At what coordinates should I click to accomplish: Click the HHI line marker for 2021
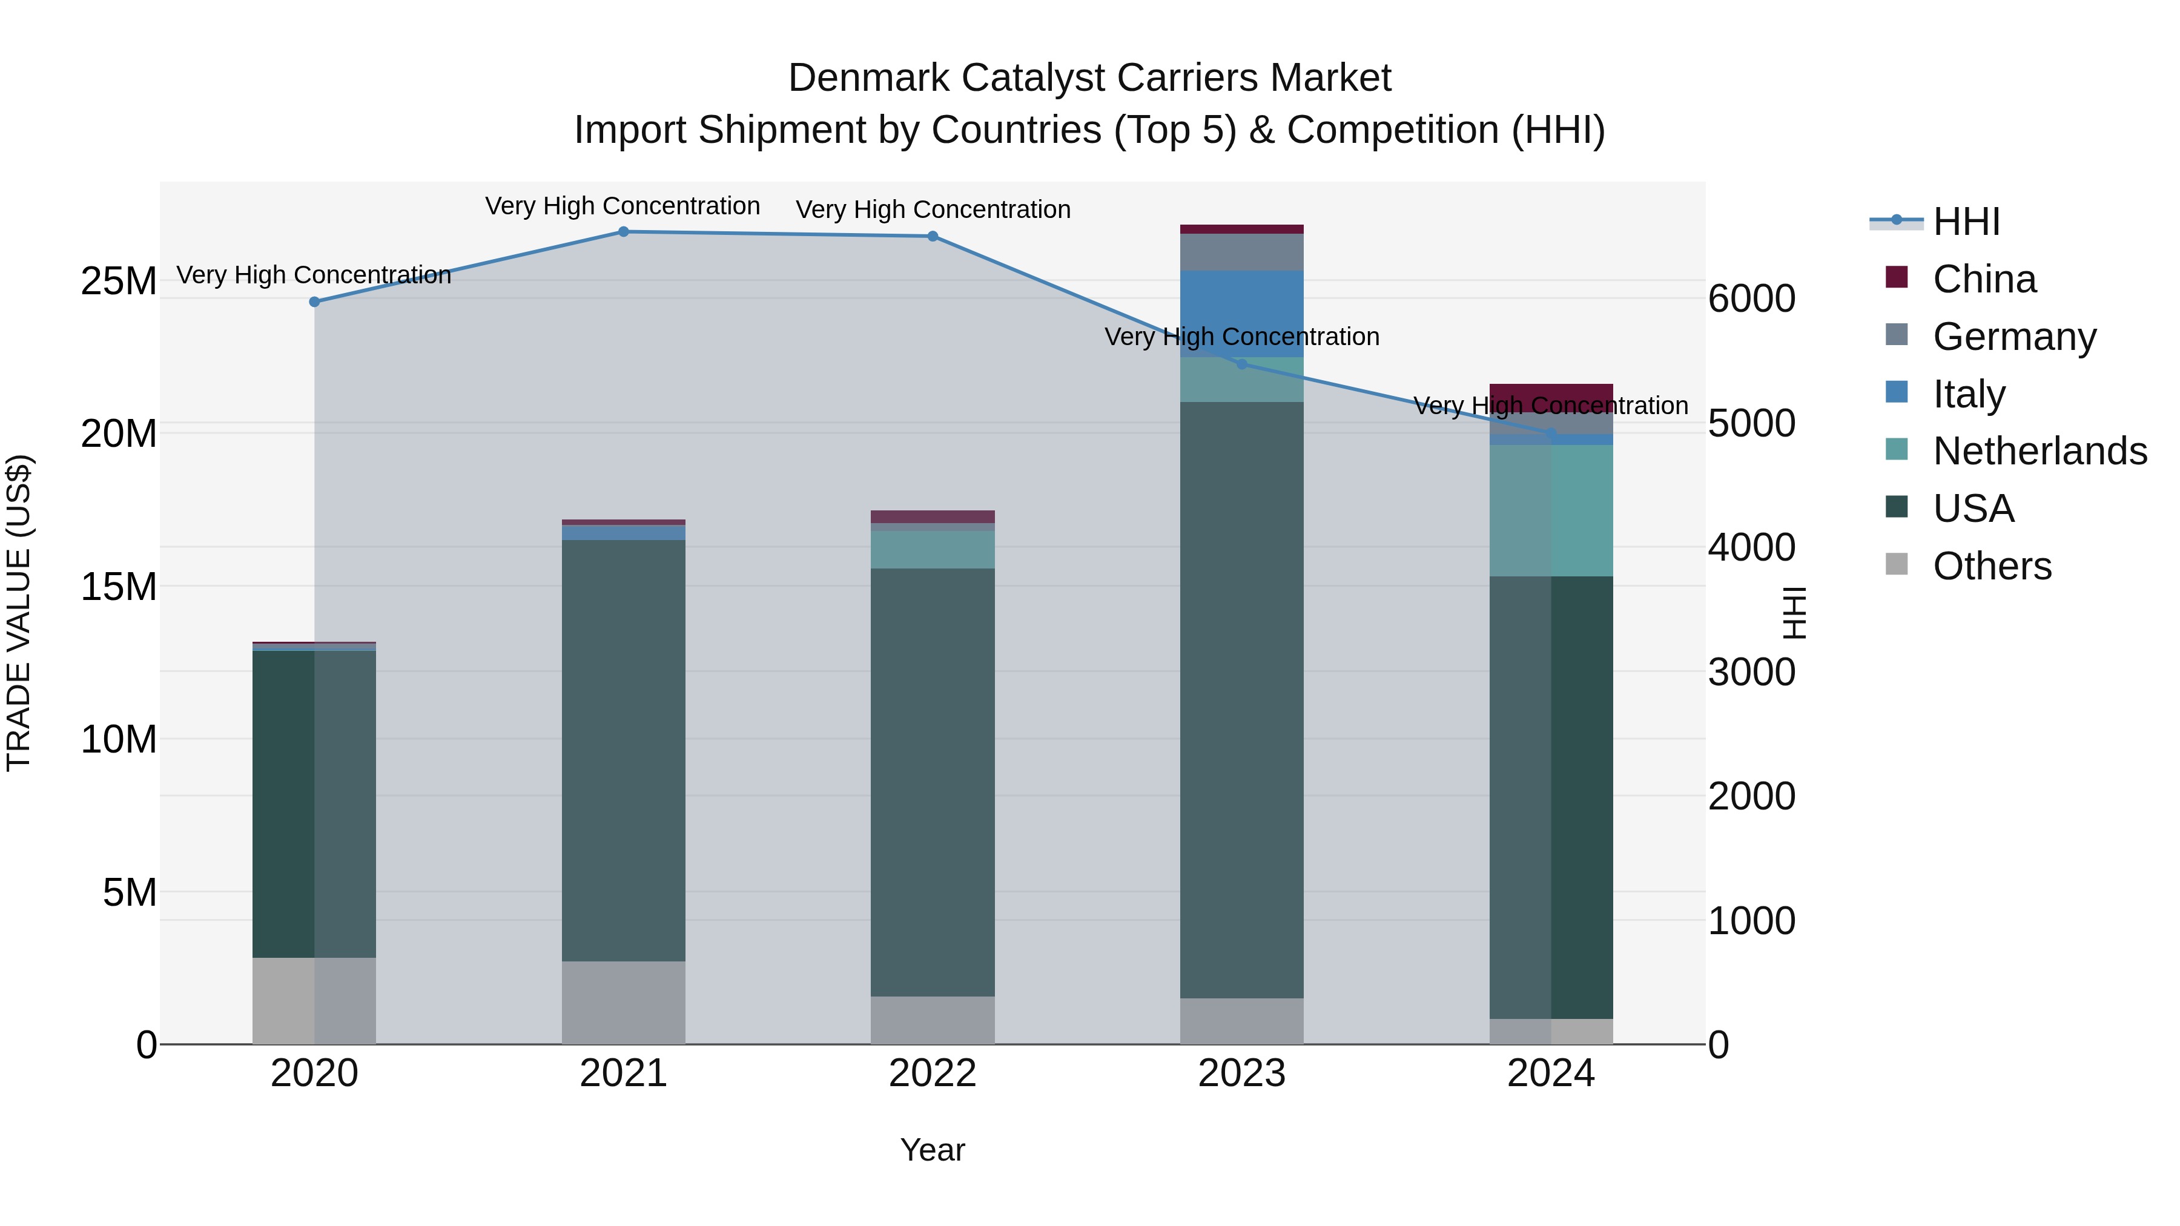pyautogui.click(x=624, y=232)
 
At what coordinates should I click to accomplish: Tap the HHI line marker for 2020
pyautogui.click(x=315, y=302)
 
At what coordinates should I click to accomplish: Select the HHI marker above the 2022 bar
pyautogui.click(x=933, y=236)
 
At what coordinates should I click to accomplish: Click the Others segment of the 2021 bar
pyautogui.click(x=624, y=1003)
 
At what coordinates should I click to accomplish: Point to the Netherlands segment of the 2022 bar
pyautogui.click(x=933, y=549)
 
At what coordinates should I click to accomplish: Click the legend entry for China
pyautogui.click(x=1984, y=279)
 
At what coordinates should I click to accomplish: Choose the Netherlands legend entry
pyautogui.click(x=2040, y=451)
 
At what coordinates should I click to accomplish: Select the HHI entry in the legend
pyautogui.click(x=1966, y=222)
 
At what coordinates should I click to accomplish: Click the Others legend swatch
pyautogui.click(x=1897, y=564)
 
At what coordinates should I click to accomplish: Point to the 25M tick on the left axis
pyautogui.click(x=119, y=281)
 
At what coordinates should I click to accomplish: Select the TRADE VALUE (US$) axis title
pyautogui.click(x=19, y=613)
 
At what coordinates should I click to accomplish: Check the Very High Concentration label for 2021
pyautogui.click(x=623, y=206)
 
